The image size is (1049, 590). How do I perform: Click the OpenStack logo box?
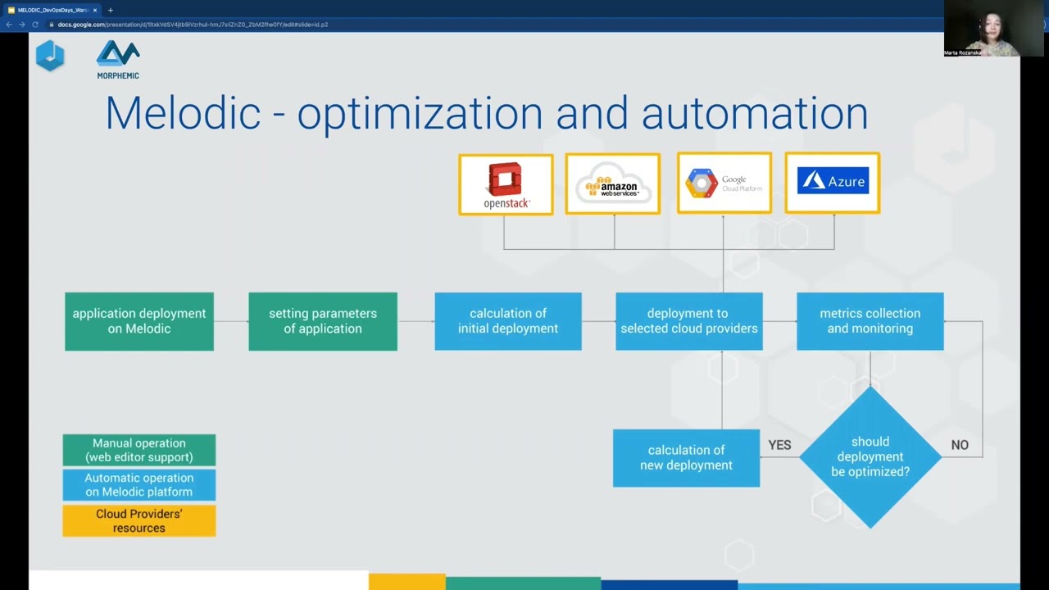coord(506,184)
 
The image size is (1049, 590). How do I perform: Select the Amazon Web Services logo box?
coord(612,184)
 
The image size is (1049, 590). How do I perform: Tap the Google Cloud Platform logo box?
coord(724,183)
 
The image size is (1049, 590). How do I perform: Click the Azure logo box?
coord(832,183)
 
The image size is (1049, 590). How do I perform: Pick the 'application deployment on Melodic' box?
coord(139,321)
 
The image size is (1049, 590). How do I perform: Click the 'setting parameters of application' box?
coord(323,321)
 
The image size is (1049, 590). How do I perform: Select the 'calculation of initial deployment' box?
coord(508,321)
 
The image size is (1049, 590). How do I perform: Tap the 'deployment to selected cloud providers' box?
coord(689,321)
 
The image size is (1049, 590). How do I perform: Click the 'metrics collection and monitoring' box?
coord(870,321)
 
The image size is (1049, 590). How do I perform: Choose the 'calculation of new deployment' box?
coord(686,458)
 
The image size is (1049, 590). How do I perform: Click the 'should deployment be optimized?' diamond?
coord(870,457)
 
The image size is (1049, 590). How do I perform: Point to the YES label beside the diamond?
coord(779,445)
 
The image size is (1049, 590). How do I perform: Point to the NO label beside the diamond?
coord(960,445)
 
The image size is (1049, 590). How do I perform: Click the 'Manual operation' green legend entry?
coord(139,450)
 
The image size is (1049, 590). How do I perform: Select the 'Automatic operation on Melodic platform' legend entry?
coord(139,485)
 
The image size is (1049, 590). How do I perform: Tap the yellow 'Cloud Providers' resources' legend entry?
coord(139,521)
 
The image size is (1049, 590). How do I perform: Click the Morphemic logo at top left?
coord(118,59)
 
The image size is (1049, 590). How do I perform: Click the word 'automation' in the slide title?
coord(754,113)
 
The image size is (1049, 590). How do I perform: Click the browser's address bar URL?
coord(193,25)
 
